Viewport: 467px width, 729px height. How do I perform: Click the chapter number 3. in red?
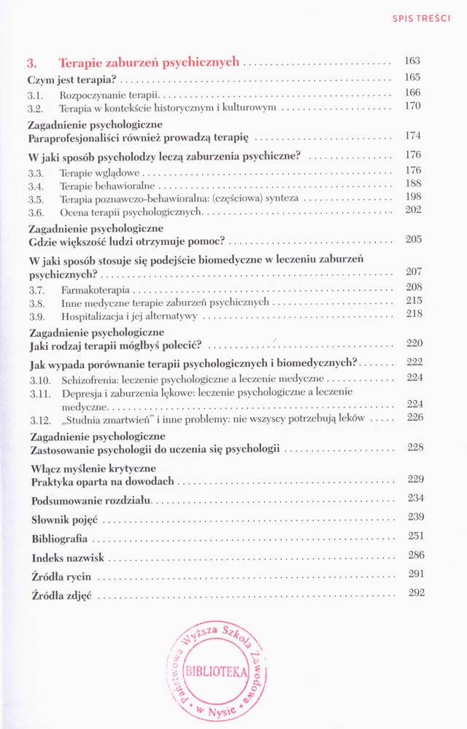point(32,63)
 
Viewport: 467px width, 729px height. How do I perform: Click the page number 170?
point(413,106)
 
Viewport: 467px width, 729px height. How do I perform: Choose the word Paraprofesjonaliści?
point(78,136)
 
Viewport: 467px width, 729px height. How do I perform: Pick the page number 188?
point(413,184)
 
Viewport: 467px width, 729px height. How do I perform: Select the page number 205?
point(413,240)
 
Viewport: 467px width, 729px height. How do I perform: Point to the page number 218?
point(413,315)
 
